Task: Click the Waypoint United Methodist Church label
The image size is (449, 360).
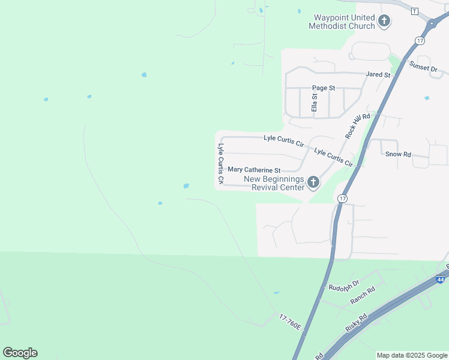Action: [x=341, y=22]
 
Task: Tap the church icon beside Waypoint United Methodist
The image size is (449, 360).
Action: [x=384, y=22]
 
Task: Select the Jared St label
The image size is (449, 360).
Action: [x=378, y=75]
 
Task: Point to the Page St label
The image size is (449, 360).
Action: [x=324, y=88]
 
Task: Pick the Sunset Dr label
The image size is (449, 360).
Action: [x=423, y=67]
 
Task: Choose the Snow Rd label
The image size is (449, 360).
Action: [x=398, y=154]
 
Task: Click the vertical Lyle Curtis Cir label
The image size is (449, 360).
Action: [x=221, y=163]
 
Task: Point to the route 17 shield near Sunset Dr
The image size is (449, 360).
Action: [x=420, y=41]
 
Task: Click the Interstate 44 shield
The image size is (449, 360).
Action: [x=440, y=279]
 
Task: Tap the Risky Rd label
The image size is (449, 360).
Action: [x=356, y=323]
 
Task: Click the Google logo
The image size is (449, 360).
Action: [x=20, y=353]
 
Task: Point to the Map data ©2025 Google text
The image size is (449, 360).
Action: [x=412, y=355]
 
